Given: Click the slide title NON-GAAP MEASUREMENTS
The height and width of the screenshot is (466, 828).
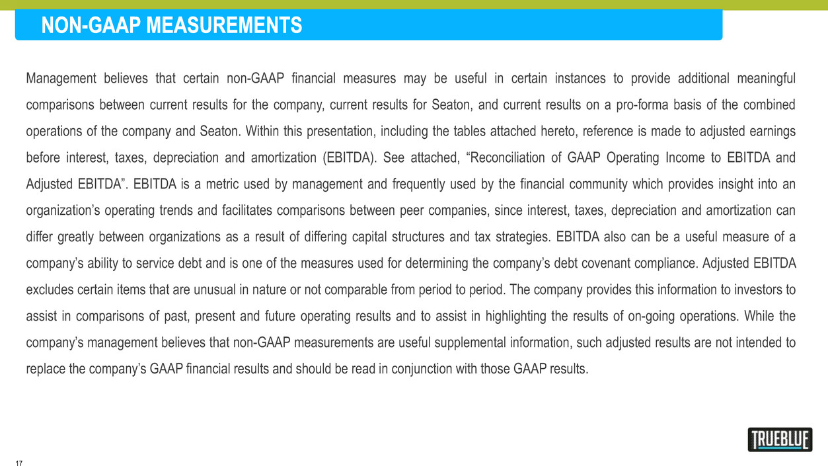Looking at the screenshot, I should (x=172, y=26).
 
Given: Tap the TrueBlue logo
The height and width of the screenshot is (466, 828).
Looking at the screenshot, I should (x=780, y=440).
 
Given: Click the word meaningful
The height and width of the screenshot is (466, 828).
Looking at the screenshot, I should (x=766, y=79).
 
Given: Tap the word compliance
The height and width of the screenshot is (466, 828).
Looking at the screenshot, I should (x=681, y=264).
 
